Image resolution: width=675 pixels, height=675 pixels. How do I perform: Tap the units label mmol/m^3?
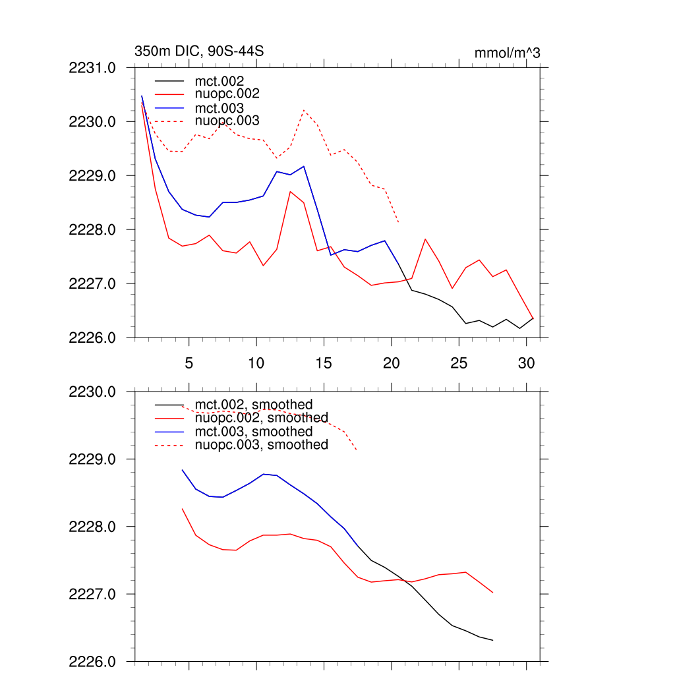tap(507, 53)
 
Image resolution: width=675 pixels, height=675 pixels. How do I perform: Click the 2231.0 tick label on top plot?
tap(92, 68)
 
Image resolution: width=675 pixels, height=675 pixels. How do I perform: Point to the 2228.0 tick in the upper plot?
tap(92, 230)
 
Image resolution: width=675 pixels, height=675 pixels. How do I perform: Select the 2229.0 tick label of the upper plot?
tap(92, 176)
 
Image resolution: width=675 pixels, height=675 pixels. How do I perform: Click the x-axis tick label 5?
tap(189, 363)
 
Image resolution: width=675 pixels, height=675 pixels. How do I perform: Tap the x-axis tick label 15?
tap(323, 363)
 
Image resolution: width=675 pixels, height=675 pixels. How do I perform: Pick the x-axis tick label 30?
tap(526, 363)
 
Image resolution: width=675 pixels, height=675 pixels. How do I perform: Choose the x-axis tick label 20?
tap(391, 363)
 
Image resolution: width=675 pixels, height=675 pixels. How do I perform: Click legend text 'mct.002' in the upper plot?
tap(223, 81)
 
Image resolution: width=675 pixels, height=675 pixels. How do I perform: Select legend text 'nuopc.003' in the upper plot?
tap(227, 121)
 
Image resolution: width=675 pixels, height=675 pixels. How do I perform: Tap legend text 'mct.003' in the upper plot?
tap(223, 108)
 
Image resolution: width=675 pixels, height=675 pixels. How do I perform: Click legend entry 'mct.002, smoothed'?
tap(254, 405)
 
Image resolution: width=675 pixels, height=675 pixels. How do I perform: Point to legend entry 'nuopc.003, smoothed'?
tap(262, 445)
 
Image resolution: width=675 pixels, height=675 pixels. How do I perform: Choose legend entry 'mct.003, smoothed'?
tap(254, 432)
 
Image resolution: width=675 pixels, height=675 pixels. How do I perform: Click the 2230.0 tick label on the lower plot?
tap(92, 392)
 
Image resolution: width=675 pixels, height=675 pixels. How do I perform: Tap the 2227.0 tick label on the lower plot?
tap(92, 595)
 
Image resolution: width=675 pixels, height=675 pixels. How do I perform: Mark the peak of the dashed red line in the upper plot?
tap(303, 110)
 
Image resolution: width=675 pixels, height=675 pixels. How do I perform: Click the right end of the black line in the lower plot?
tap(492, 640)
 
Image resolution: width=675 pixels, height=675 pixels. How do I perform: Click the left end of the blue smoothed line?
tap(182, 470)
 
